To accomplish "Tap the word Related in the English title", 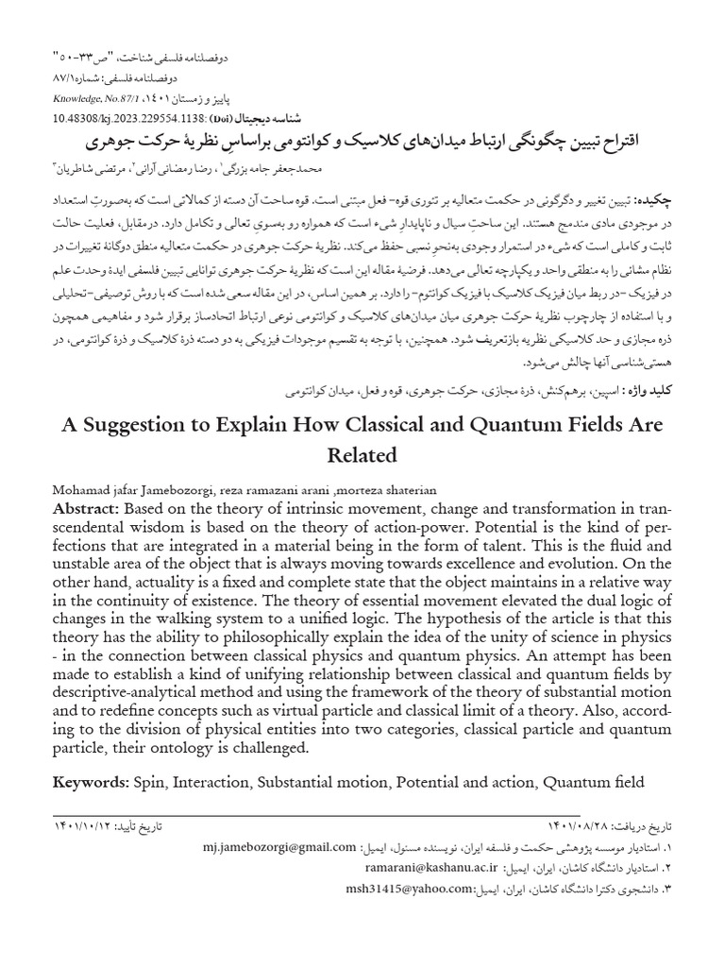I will coord(362,455).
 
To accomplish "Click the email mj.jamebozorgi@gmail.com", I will coord(279,847).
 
